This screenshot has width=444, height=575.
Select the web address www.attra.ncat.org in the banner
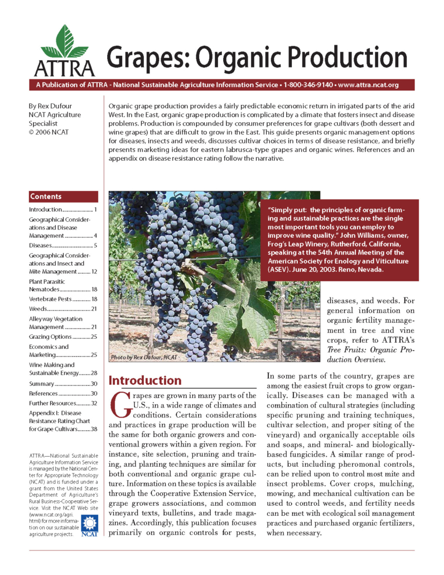coord(368,85)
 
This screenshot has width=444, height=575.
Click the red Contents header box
coord(63,197)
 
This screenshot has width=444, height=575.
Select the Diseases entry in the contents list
coord(41,245)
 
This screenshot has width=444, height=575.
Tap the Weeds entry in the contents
coord(38,309)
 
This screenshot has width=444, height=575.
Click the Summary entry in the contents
coord(41,384)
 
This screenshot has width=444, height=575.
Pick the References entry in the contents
coord(45,394)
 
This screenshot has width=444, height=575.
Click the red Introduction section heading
coord(145,381)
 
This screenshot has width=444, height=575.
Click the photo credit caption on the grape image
coord(144,356)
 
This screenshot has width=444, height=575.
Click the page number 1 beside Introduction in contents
coord(96,209)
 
